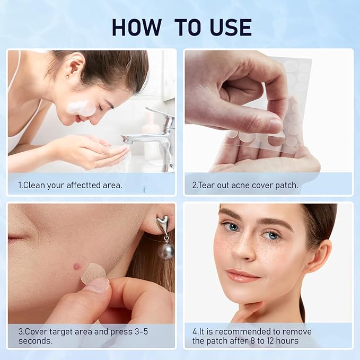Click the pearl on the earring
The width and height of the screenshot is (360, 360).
[x=166, y=250]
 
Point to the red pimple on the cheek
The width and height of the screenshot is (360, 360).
[x=78, y=266]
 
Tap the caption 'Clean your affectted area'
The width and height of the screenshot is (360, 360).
[x=70, y=185]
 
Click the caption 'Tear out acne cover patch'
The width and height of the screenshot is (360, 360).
[x=245, y=185]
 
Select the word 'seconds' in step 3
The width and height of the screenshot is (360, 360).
[x=34, y=340]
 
